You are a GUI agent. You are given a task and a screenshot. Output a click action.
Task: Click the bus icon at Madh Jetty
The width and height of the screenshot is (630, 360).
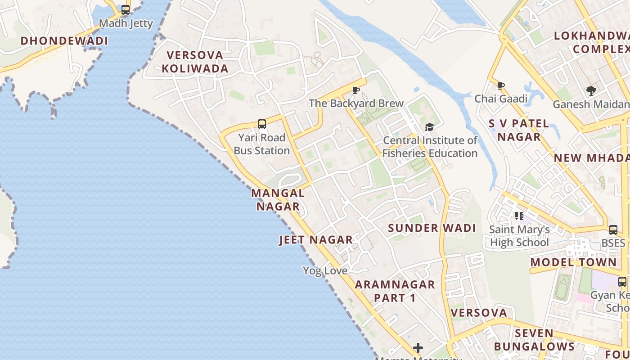point(126,9)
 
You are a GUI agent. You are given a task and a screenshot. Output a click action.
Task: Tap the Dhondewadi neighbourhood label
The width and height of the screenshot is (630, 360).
point(64,41)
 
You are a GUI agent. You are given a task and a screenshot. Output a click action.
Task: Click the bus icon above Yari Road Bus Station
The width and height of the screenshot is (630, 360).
point(262,124)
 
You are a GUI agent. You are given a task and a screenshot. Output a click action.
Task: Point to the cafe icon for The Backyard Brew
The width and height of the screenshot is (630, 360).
point(356,90)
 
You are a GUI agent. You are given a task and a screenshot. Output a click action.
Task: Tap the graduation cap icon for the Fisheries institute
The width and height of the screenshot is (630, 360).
point(429,127)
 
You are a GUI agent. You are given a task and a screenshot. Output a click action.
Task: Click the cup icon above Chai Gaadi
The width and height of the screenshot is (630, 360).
point(501,85)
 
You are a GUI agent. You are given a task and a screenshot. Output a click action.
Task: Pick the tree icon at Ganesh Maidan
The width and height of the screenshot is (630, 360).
point(591,91)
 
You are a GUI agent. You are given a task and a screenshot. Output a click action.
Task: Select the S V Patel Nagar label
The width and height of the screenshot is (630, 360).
point(519,130)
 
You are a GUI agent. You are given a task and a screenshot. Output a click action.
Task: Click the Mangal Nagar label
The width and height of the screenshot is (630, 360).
point(278,200)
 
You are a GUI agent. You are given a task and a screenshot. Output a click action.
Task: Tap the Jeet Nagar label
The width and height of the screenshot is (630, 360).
point(316,240)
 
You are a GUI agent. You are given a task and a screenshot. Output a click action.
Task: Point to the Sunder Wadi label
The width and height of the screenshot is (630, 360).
point(432,228)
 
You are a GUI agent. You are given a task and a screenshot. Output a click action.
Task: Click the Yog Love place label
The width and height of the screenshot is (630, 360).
point(325,271)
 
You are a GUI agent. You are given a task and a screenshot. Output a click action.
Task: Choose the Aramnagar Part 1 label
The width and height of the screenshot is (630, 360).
point(395,291)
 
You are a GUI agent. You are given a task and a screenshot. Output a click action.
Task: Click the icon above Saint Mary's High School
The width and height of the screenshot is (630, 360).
point(520,216)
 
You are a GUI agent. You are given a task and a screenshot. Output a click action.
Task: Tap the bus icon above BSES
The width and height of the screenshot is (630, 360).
point(613,230)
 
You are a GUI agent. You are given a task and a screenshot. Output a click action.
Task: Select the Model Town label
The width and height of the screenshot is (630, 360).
point(573,262)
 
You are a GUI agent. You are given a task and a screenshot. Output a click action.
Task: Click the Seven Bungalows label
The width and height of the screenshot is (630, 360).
point(534,340)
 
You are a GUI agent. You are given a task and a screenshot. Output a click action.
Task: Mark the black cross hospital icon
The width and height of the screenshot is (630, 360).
point(418,347)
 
